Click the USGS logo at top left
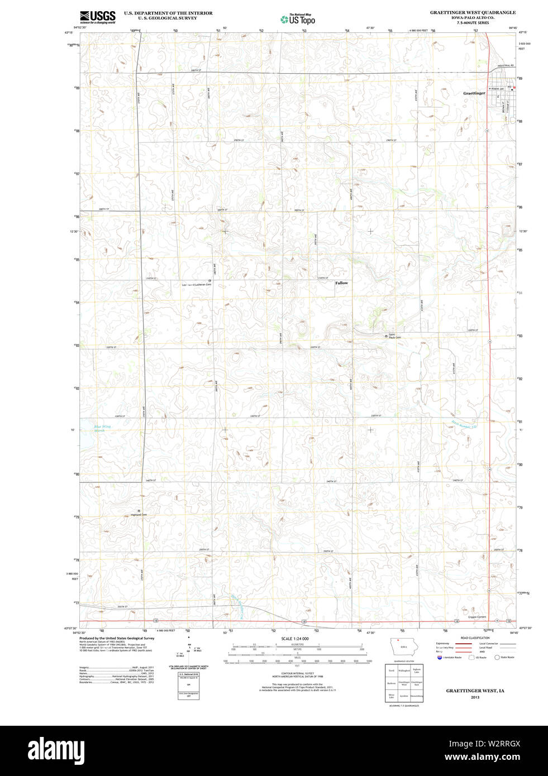(x=98, y=17)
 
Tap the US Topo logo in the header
(x=298, y=19)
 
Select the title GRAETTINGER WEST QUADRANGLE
(x=473, y=12)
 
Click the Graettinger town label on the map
(x=474, y=93)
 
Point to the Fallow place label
(x=341, y=283)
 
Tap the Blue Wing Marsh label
(x=102, y=428)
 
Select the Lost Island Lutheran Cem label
(x=197, y=285)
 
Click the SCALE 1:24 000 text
(x=294, y=639)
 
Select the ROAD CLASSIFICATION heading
(x=475, y=638)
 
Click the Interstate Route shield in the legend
(x=440, y=657)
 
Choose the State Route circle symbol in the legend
(x=497, y=657)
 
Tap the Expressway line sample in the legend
(x=461, y=644)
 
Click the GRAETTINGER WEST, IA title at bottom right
(x=475, y=691)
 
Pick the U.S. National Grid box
(x=188, y=679)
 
